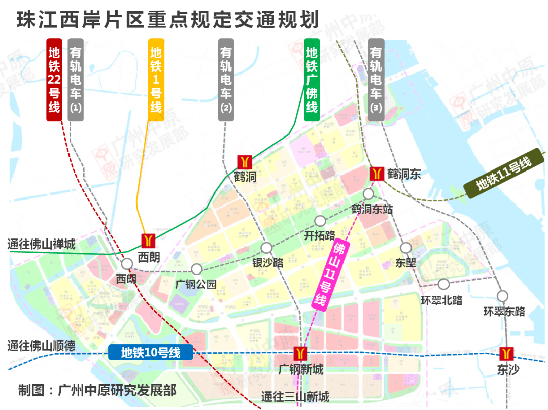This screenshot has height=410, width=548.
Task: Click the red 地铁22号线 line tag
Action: coord(54,80)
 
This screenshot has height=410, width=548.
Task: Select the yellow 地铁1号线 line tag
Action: coord(156,80)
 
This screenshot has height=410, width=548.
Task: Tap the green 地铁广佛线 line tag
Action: coord(312,80)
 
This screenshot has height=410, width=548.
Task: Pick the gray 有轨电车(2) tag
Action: coord(226,80)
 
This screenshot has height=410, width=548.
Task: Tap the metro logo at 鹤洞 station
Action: coord(245,162)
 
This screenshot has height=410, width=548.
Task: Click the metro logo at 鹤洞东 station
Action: coord(376,174)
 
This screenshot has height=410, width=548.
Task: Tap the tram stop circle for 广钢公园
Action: coord(196,269)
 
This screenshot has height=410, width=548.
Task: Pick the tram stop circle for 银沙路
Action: coord(267,248)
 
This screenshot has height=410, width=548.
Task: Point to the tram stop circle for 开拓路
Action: coord(320,221)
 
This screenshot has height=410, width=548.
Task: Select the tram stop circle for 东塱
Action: coord(405,248)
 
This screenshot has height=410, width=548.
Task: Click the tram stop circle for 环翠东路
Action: coord(503,296)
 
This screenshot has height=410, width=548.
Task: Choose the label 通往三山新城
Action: coord(295,397)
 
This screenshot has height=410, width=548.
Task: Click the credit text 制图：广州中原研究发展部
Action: coord(97,390)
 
